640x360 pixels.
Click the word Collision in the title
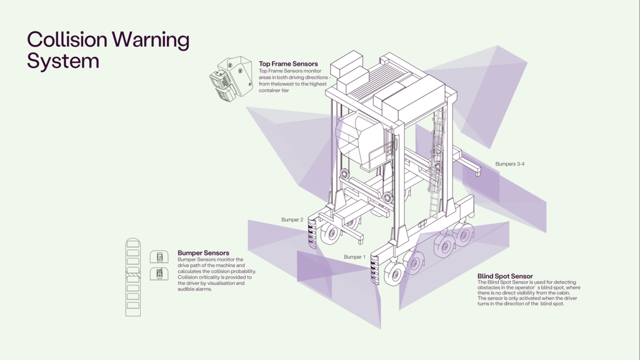pyautogui.click(x=67, y=40)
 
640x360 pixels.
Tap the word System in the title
pyautogui.click(x=63, y=61)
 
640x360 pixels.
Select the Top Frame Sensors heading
pyautogui.click(x=288, y=64)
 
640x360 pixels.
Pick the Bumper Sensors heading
pyautogui.click(x=203, y=253)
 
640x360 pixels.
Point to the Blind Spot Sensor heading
pyautogui.click(x=505, y=276)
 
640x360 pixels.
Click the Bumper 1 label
pyautogui.click(x=354, y=257)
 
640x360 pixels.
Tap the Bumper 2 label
pyautogui.click(x=292, y=220)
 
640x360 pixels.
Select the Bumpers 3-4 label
pyautogui.click(x=510, y=164)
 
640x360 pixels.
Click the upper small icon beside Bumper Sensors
pyautogui.click(x=159, y=257)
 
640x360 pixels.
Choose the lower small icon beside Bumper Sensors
pyautogui.click(x=159, y=274)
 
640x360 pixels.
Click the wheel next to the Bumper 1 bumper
pyautogui.click(x=394, y=274)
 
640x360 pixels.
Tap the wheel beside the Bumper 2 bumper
pyautogui.click(x=330, y=234)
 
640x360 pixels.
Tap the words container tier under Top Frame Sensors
pyautogui.click(x=276, y=91)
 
